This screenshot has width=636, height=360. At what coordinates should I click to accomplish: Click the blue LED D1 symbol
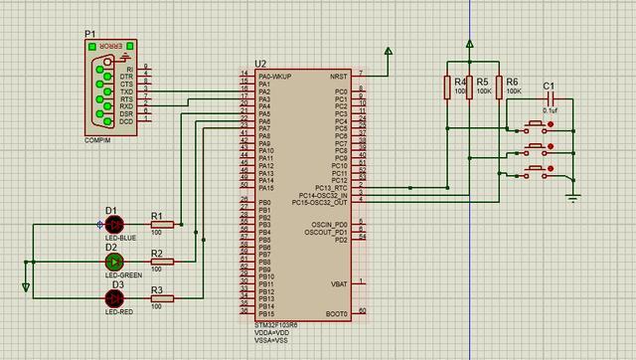[113, 225]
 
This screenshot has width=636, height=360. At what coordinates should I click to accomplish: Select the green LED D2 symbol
[113, 262]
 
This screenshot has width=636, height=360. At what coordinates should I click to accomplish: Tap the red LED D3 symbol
[113, 298]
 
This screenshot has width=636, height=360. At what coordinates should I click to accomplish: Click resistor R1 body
[162, 225]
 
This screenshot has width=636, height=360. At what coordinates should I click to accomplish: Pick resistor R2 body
[162, 262]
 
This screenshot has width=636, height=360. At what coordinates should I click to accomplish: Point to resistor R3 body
[162, 298]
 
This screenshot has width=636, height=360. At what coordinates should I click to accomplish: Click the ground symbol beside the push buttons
[571, 194]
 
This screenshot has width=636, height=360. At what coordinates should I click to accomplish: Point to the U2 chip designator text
[260, 64]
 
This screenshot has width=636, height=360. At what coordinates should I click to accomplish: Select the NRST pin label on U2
[338, 75]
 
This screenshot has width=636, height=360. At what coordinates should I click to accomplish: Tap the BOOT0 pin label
[336, 313]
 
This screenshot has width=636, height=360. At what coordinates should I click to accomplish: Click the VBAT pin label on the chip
[338, 283]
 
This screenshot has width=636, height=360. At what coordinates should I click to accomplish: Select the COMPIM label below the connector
[98, 141]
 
